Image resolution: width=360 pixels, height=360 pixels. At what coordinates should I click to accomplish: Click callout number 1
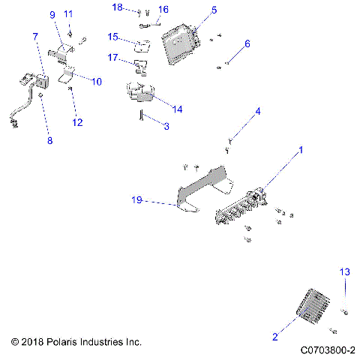(301, 150)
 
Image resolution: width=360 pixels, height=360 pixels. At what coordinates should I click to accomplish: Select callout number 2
(275, 338)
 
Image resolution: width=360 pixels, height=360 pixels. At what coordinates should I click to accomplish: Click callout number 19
(136, 200)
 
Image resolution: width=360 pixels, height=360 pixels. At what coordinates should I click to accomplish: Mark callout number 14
(176, 109)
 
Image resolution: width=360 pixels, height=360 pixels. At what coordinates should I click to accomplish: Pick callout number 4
(258, 112)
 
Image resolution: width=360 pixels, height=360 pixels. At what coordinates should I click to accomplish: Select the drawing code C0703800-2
(327, 349)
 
